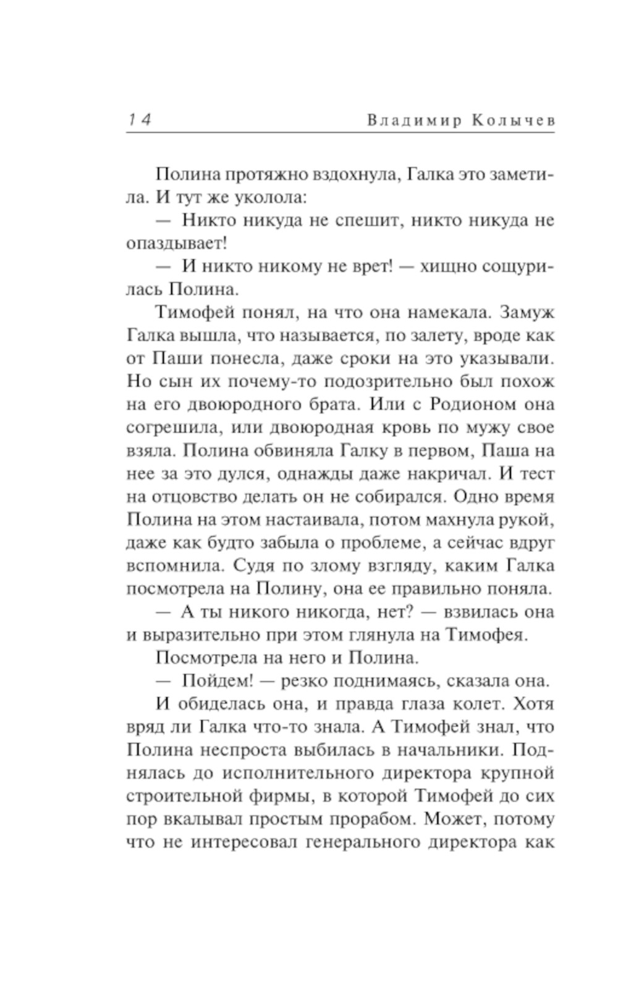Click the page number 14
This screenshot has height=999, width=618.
[x=139, y=119]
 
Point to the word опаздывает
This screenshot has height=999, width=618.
[x=176, y=244]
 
